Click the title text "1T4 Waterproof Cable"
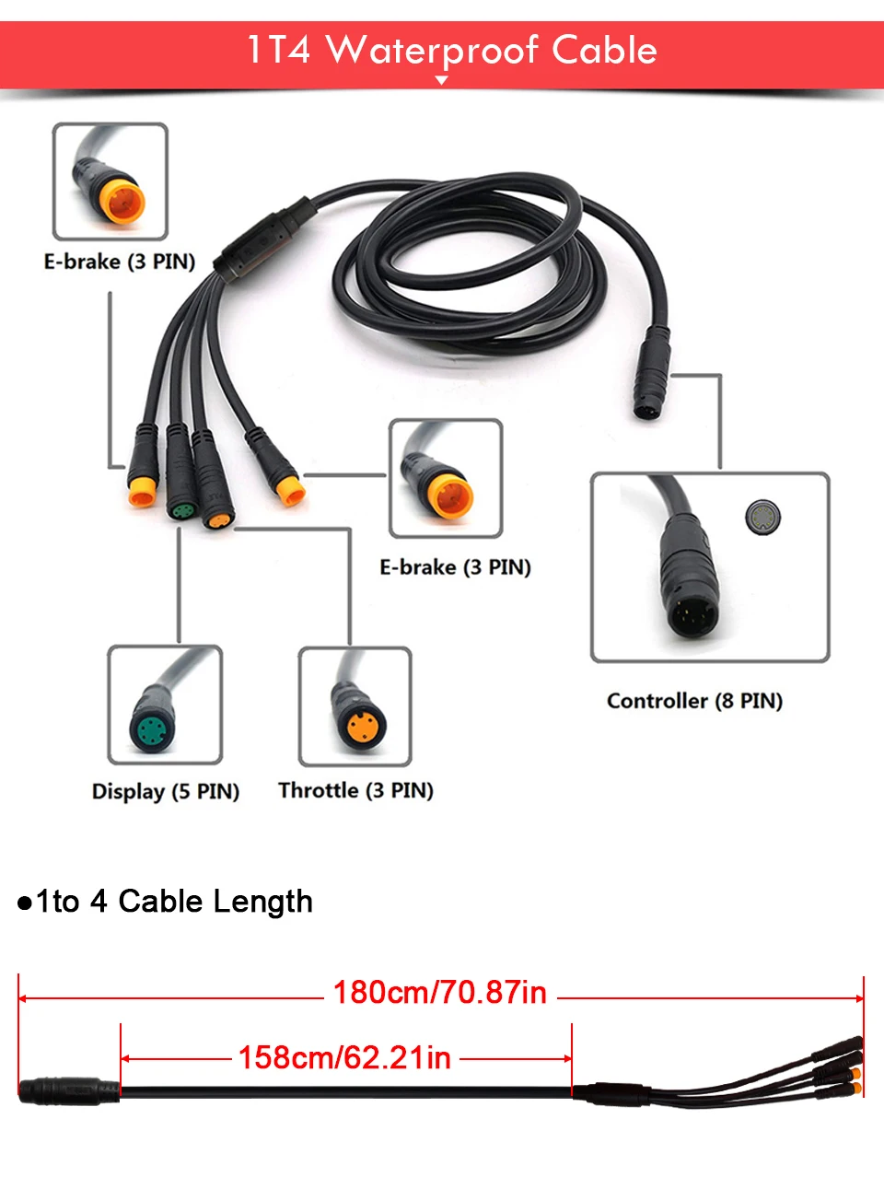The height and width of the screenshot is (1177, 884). (x=451, y=50)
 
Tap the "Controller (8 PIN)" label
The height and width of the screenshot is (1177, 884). (x=694, y=701)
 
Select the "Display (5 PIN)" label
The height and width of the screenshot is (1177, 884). (x=166, y=791)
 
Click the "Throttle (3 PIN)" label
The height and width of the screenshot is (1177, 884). (x=355, y=790)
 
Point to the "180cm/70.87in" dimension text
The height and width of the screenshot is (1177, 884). (x=440, y=993)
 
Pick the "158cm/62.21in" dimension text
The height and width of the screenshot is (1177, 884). (x=344, y=1057)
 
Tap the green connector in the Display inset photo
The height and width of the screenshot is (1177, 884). (x=149, y=731)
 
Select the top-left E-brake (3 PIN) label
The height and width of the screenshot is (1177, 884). (x=120, y=262)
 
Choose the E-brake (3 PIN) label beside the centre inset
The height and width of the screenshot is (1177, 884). (x=455, y=567)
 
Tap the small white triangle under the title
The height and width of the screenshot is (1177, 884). (x=442, y=80)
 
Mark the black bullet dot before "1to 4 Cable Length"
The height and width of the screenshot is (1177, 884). (x=25, y=903)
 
